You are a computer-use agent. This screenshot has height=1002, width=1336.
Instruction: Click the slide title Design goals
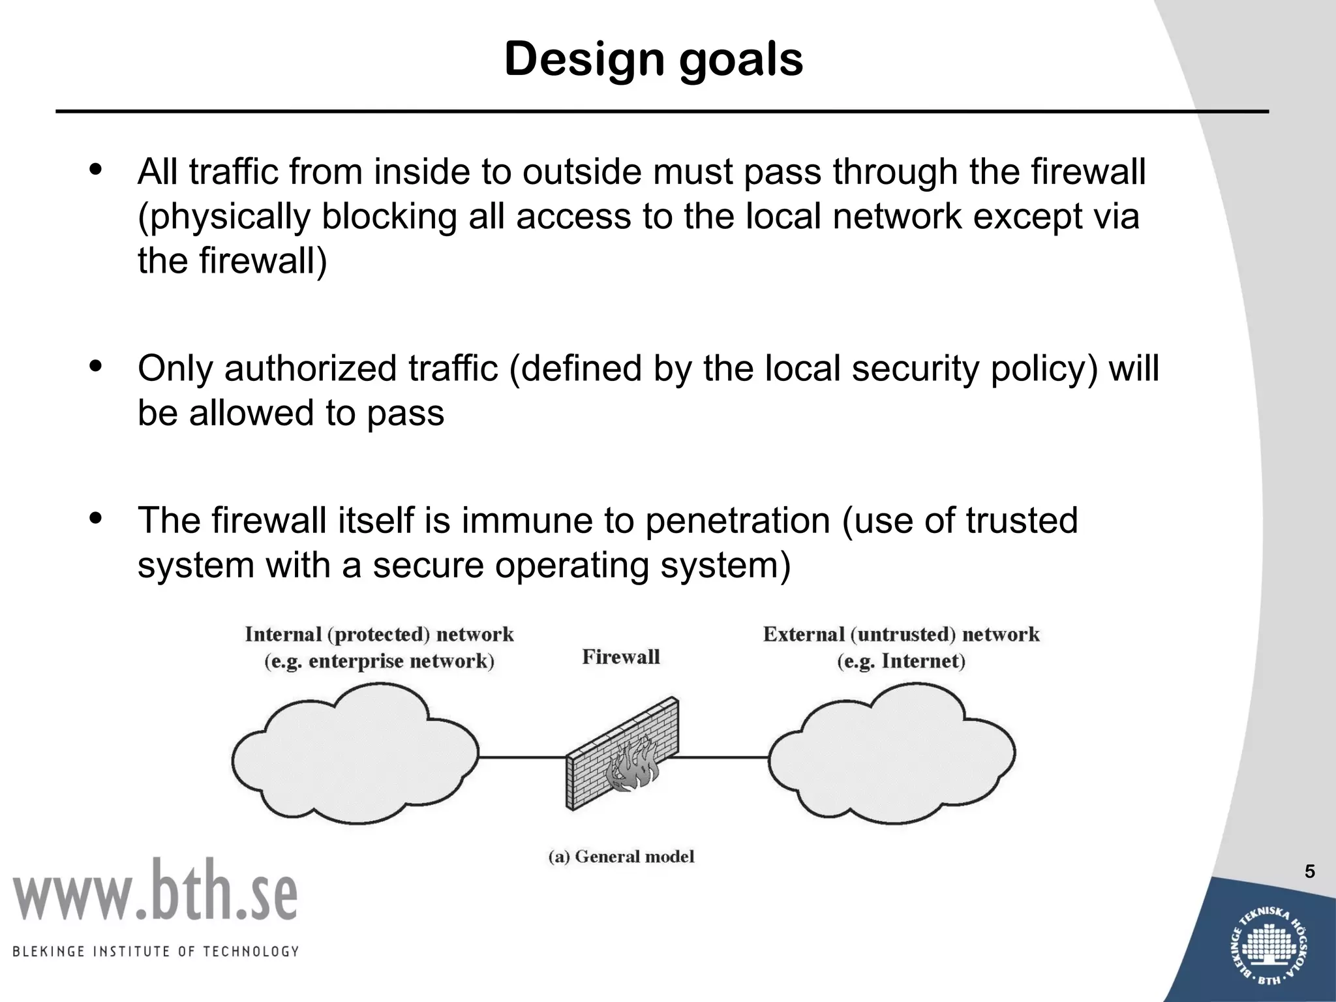(654, 59)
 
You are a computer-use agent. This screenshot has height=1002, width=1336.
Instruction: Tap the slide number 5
(1310, 872)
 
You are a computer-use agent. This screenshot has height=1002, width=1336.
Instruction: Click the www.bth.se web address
(155, 890)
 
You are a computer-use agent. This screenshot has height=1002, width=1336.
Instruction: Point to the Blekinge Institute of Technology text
(155, 951)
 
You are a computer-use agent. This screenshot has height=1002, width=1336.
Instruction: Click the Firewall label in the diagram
(620, 657)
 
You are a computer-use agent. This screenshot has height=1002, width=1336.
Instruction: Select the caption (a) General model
(621, 857)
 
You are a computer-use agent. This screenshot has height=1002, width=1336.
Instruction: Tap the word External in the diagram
(804, 634)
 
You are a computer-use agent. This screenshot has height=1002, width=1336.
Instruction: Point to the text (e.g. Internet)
(901, 661)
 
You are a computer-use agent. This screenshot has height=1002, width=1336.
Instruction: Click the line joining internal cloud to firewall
(522, 757)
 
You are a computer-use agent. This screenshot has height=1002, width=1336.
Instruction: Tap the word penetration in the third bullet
(737, 521)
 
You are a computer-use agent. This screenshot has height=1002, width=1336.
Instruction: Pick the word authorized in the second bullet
(311, 369)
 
